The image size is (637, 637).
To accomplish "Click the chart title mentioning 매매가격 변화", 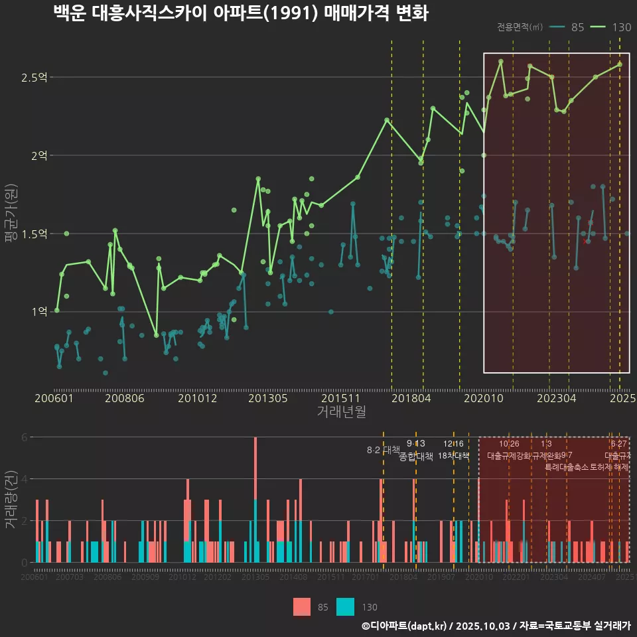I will [240, 14].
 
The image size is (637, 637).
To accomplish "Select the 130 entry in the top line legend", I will [622, 27].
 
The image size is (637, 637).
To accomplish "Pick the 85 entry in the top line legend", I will [577, 27].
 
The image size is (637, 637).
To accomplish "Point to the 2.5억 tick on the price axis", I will [34, 78].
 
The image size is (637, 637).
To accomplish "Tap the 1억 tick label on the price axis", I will [38, 311].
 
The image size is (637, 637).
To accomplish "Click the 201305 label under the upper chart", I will [267, 398].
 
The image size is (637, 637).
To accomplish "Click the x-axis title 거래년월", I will [341, 412].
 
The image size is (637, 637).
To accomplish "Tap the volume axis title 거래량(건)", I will [11, 500].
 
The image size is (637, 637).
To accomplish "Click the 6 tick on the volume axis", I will [24, 437].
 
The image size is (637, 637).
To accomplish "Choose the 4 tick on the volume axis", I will [24, 479].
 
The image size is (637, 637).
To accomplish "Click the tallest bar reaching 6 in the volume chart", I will [255, 464].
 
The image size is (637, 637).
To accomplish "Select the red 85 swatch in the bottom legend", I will [302, 607].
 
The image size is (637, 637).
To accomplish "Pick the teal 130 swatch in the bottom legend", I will [345, 607].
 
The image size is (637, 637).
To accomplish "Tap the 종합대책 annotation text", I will [415, 456].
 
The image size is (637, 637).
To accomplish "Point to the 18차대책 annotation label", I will [453, 456].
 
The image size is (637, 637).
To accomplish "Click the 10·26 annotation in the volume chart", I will [509, 444].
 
